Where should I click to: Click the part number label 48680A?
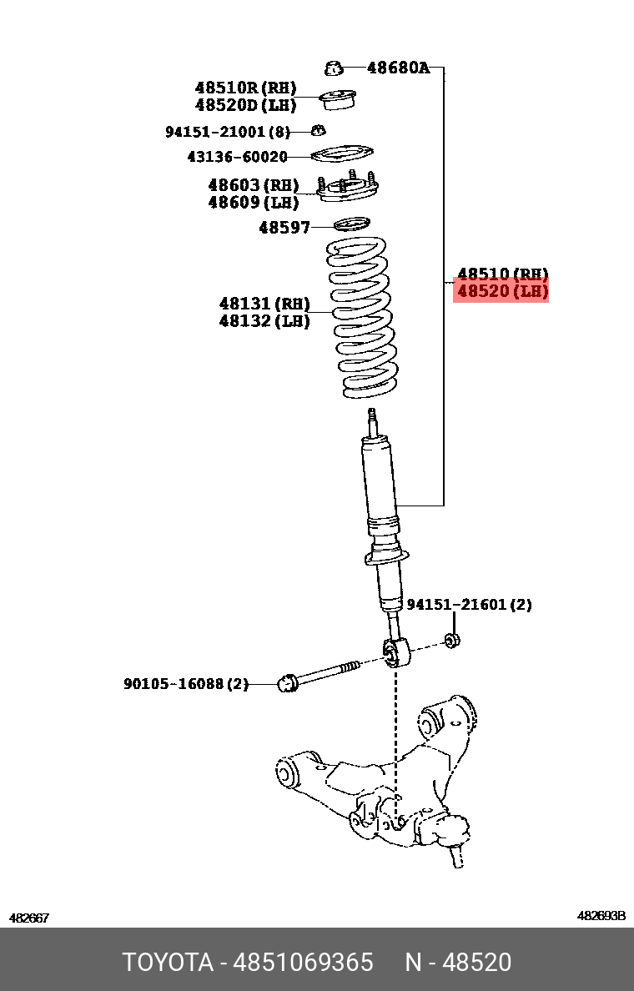(x=398, y=68)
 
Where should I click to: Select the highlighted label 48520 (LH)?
(x=501, y=292)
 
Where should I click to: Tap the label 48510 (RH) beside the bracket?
(x=502, y=274)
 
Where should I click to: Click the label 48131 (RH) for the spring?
(x=264, y=304)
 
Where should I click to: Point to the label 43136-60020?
(x=237, y=157)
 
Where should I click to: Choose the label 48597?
(x=284, y=227)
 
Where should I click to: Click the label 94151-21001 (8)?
(x=227, y=132)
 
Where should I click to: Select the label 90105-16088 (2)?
(x=186, y=684)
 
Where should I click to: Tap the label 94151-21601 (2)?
(x=469, y=605)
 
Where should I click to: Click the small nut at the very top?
(x=333, y=67)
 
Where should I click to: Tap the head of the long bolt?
(x=287, y=683)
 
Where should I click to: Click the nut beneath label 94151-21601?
(x=453, y=641)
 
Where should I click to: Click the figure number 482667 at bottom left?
(x=29, y=918)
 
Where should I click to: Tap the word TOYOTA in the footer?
(x=168, y=963)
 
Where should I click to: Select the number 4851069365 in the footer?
(x=301, y=963)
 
